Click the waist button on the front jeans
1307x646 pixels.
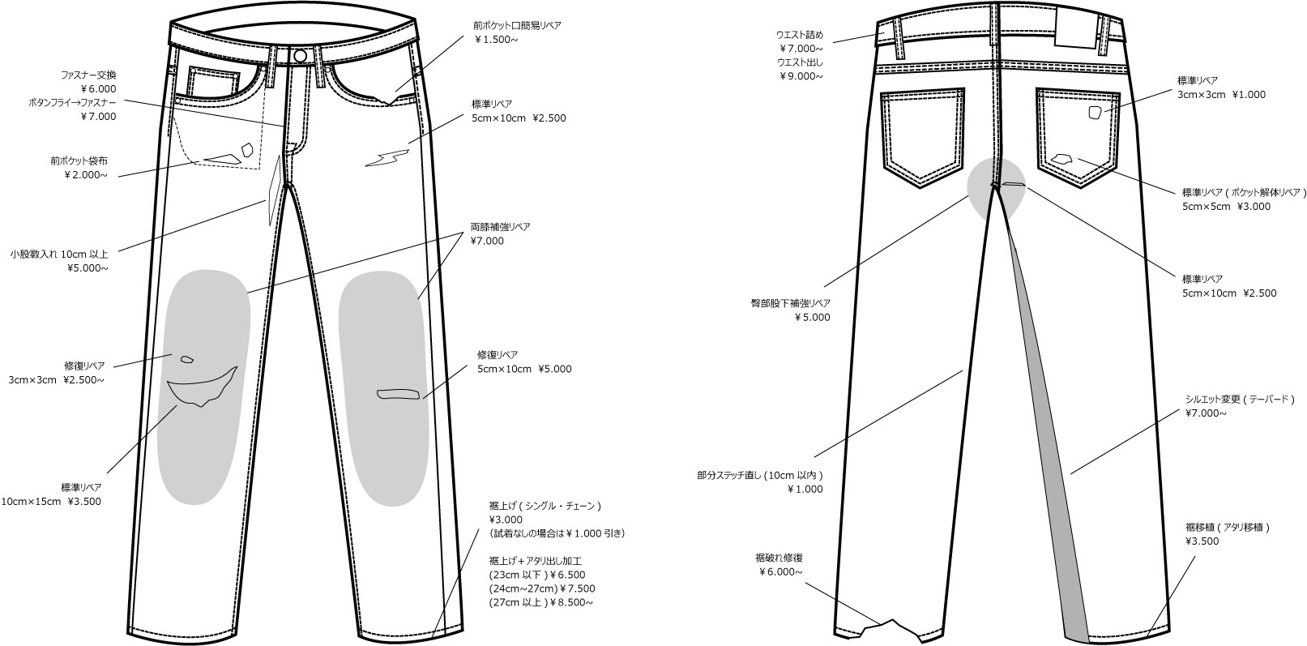[x=300, y=55]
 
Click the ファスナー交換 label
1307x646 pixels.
[x=88, y=75]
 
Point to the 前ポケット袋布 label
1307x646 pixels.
[x=79, y=160]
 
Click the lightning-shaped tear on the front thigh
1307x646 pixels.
[x=387, y=157]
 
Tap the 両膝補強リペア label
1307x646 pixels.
[x=500, y=226]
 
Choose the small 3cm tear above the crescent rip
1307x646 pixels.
[x=187, y=359]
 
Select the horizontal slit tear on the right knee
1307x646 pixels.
[x=399, y=395]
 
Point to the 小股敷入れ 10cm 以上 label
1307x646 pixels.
[x=59, y=254]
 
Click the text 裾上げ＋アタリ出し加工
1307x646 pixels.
[x=536, y=561]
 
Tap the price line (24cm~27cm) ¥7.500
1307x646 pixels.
[x=542, y=588]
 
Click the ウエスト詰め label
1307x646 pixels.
[x=800, y=35]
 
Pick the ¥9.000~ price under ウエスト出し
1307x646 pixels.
[x=801, y=76]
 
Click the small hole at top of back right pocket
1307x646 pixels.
[x=1096, y=113]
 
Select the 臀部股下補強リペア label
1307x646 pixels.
[x=790, y=303]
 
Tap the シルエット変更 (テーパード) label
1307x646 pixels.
[x=1240, y=399]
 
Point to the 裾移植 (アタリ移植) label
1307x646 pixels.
[x=1227, y=527]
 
